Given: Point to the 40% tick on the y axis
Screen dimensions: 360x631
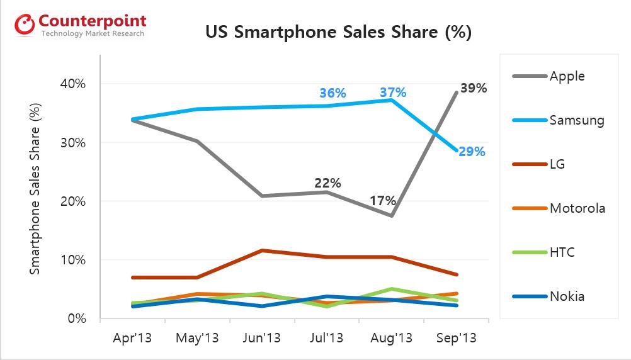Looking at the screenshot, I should [x=73, y=84].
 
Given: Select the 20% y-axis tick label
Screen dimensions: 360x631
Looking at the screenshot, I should [x=73, y=201].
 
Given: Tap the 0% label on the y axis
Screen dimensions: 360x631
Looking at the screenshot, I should [x=76, y=318].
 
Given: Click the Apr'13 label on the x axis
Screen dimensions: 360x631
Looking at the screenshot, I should [x=132, y=338].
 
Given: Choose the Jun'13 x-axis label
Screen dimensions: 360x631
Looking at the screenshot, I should [x=261, y=338].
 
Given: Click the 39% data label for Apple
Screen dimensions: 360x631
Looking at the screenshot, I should [x=474, y=88].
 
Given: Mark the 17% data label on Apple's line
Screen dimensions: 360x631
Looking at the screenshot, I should [x=382, y=201].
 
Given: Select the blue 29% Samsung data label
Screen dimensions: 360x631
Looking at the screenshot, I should [x=472, y=152].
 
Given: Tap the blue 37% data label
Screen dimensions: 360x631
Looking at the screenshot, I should [x=392, y=93].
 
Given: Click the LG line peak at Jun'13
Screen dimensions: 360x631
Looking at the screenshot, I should [x=261, y=250].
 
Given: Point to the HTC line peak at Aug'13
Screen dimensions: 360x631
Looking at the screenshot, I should [x=392, y=289].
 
